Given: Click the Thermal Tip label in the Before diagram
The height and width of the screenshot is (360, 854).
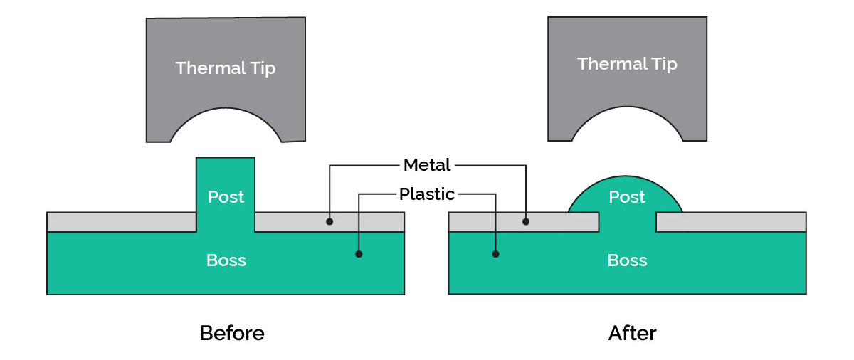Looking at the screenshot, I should pos(226,68).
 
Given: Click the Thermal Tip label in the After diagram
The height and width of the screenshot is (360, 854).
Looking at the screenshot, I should pos(627,64).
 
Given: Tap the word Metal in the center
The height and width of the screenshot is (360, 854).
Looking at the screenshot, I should pos(427,165).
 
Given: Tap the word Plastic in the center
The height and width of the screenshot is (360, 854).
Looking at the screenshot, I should pos(427,194).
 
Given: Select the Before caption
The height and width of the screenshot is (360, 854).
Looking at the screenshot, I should pos(232,333).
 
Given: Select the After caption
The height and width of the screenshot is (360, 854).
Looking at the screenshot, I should pos(633,333).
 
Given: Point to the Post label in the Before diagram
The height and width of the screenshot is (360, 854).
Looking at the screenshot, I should pos(226,197).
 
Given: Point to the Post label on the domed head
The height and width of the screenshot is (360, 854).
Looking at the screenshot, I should pos(627,197).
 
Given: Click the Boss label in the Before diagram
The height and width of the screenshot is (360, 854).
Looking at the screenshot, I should pos(226,260).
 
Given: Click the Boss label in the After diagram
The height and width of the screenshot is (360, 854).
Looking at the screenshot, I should pos(627,260).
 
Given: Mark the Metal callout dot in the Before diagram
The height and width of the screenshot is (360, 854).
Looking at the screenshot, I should pos(330,222).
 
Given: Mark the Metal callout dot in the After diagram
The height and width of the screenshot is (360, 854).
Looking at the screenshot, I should pos(526,222).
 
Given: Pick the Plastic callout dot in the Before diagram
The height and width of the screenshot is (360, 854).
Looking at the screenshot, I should pos(359,253).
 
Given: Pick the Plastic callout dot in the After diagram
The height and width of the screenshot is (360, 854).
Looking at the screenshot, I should pos(496,253).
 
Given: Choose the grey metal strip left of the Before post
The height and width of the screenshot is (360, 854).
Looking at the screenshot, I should pos(121,222).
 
